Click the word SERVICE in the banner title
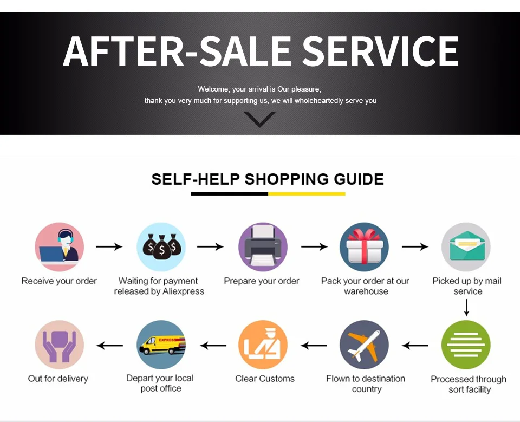(380, 51)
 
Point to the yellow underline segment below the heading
(307, 194)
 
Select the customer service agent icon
(60, 247)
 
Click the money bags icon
(161, 247)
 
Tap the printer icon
(263, 247)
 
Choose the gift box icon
(364, 247)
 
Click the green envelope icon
(466, 247)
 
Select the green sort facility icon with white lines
(466, 345)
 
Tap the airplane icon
(364, 345)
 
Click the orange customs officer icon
(263, 345)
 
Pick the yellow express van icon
(161, 345)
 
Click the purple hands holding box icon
(60, 345)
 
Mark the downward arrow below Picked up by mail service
(466, 308)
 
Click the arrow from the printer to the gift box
(314, 246)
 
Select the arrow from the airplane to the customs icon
(314, 346)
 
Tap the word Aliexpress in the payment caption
(183, 291)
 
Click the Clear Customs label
(265, 379)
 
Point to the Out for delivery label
(58, 379)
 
